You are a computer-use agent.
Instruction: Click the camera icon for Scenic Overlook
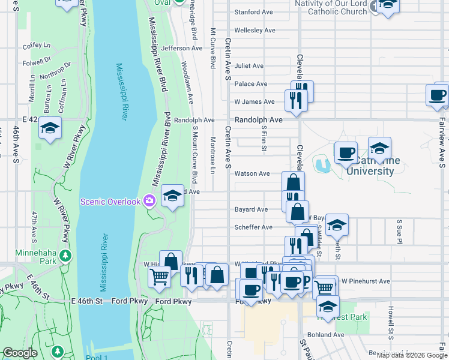tap(149, 202)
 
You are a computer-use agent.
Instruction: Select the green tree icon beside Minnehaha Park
tap(64, 257)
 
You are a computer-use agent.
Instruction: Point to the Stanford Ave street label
tap(255, 12)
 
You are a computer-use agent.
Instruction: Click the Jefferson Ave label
tap(182, 48)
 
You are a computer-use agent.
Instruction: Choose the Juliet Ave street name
tap(249, 66)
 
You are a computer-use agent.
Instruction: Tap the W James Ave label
tap(255, 102)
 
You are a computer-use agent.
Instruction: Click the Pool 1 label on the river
tap(97, 356)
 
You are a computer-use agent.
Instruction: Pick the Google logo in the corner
tap(20, 353)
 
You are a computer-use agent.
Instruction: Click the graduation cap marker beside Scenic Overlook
tap(172, 196)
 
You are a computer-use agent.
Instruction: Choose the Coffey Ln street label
tap(36, 45)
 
